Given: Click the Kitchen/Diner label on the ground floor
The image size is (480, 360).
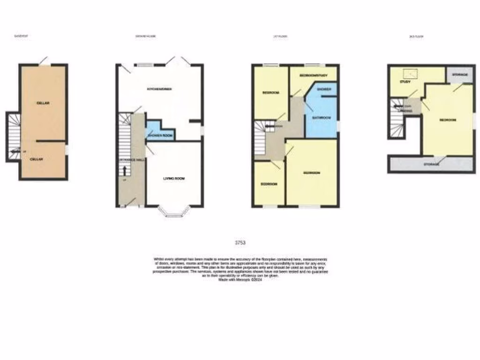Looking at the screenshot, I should coord(159,89).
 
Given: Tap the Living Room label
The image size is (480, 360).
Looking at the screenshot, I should coord(175,178).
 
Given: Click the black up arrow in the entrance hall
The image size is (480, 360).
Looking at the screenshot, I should coord(124,167).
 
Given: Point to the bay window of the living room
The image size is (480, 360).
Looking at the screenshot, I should coord(174,213).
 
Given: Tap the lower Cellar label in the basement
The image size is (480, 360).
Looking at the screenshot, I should coord(37,159).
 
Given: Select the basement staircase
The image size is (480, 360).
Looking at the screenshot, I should coord(14,136).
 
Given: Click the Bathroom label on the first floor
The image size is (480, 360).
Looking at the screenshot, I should coord(322,118).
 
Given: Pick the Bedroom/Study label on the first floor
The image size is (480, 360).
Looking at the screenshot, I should coord(313,75).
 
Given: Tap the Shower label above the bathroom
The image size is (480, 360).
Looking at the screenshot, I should coord(324,89).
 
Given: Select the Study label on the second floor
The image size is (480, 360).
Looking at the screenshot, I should coord(405,82).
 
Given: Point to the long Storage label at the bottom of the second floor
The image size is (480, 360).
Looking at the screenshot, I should coord(431,165).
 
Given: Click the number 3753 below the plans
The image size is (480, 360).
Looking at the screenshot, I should coord(240,243).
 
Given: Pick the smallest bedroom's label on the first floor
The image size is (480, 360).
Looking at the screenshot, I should coord(269,184).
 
